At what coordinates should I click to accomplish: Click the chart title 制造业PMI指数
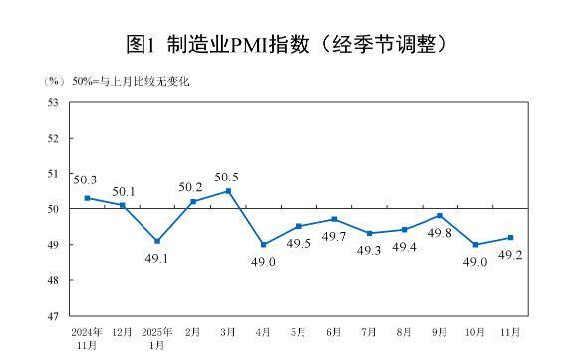(285, 45)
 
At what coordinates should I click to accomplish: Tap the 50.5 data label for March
(228, 177)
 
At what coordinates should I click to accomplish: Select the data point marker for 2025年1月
(157, 241)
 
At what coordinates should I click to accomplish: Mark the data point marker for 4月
(263, 245)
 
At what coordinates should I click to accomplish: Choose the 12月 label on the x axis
(122, 330)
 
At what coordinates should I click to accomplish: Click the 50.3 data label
(85, 180)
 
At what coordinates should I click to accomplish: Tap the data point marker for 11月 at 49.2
(510, 237)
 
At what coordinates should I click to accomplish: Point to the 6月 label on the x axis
(334, 330)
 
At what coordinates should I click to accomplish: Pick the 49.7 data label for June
(334, 237)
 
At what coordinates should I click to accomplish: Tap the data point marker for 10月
(475, 245)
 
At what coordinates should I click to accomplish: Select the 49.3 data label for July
(370, 252)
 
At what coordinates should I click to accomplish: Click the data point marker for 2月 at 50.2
(193, 201)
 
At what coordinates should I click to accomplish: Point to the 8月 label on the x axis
(405, 330)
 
